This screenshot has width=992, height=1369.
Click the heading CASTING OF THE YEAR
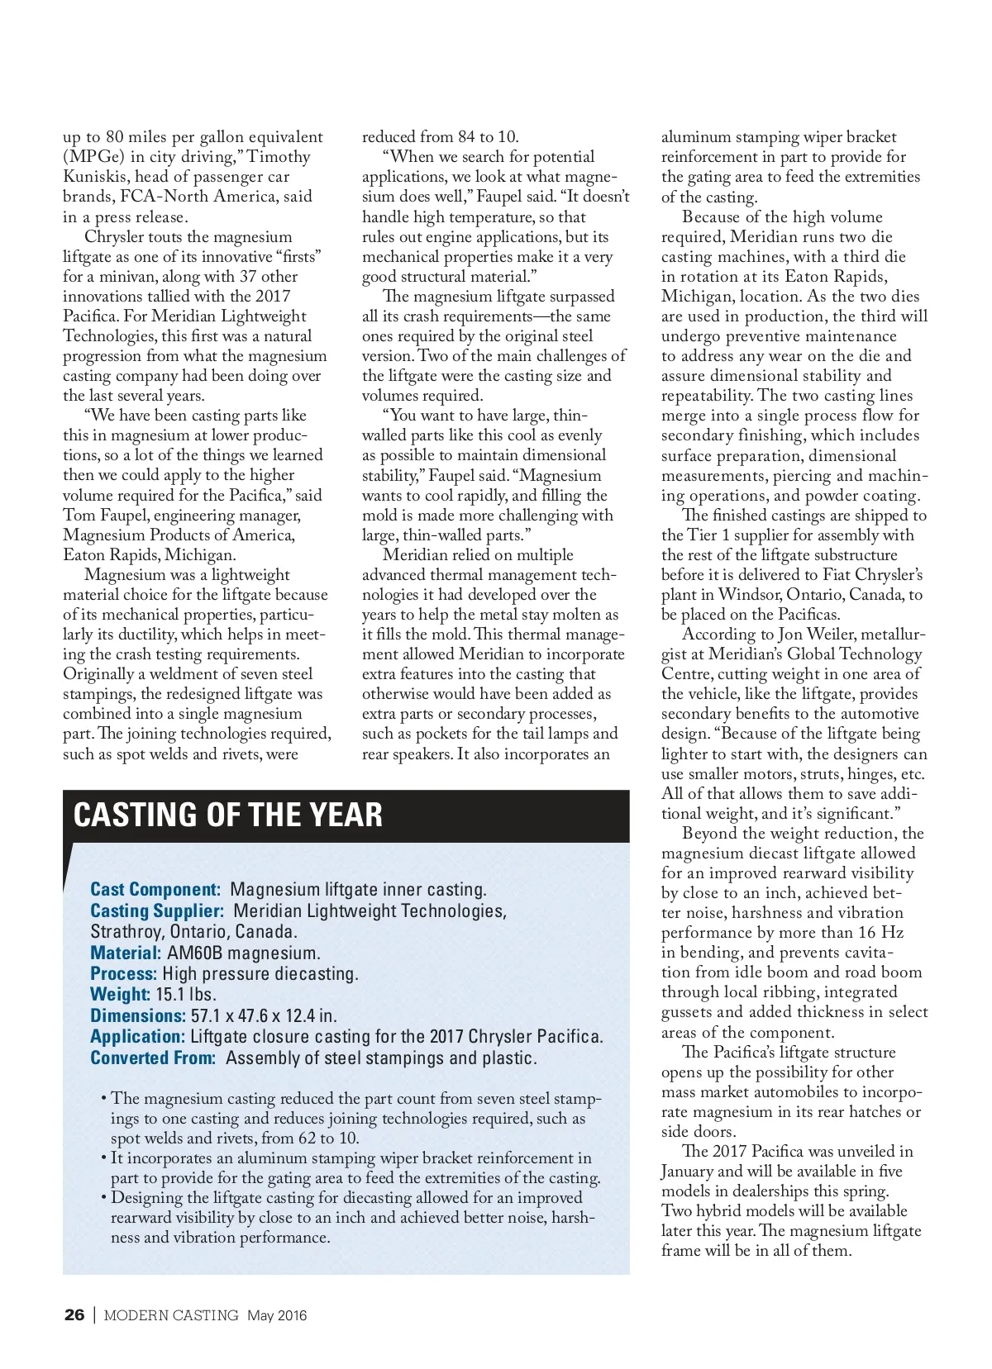pyautogui.click(x=228, y=815)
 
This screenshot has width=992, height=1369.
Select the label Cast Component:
pyautogui.click(x=155, y=889)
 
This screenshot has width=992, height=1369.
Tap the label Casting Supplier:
pyautogui.click(x=157, y=910)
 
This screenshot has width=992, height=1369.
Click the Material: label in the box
pyautogui.click(x=126, y=953)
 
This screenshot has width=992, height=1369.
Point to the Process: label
pyautogui.click(x=123, y=973)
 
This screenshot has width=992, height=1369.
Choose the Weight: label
pyautogui.click(x=120, y=995)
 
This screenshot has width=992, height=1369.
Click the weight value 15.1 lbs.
pyautogui.click(x=185, y=995)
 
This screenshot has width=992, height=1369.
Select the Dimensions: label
pyautogui.click(x=138, y=1015)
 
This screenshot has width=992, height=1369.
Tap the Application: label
pyautogui.click(x=137, y=1036)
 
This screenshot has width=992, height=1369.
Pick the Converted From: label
pyautogui.click(x=153, y=1058)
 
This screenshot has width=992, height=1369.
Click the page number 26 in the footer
pyautogui.click(x=74, y=1314)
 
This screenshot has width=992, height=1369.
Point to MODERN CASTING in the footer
pyautogui.click(x=171, y=1315)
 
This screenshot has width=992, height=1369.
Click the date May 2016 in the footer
pyautogui.click(x=277, y=1315)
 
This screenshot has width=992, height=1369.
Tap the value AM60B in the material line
pyautogui.click(x=195, y=953)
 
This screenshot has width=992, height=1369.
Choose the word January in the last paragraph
pyautogui.click(x=690, y=1171)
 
